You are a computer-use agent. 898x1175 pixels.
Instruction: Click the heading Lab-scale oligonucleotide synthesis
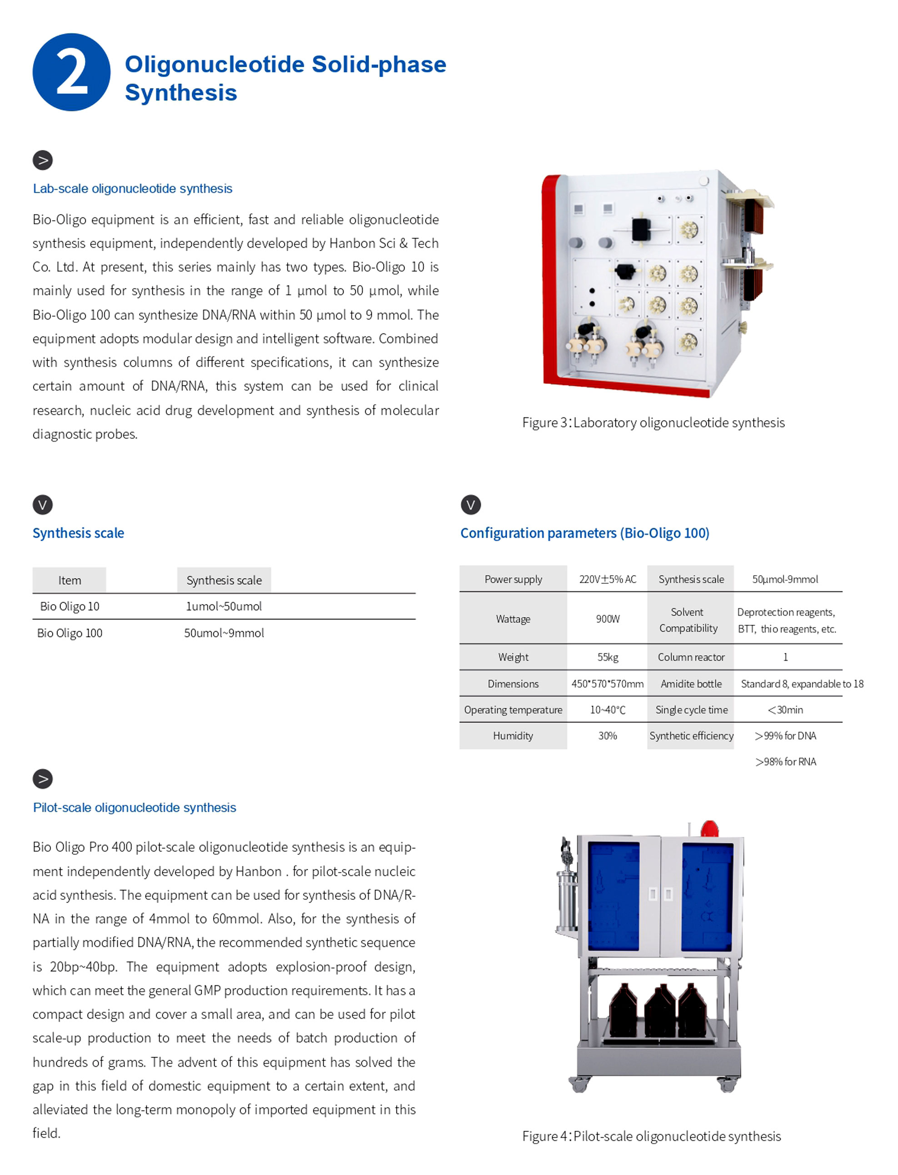[133, 189]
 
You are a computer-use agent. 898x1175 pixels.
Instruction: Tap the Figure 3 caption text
[653, 422]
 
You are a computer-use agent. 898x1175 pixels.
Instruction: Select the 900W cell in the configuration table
[608, 619]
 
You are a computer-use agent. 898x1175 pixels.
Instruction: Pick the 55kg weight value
[608, 657]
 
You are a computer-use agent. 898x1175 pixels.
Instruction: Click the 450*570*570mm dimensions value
[607, 684]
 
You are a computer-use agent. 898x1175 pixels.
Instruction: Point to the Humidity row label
[513, 736]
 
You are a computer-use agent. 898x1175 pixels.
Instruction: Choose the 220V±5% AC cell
[608, 579]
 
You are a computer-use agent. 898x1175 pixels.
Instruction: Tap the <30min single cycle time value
[785, 710]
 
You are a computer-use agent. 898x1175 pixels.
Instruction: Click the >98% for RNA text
[785, 762]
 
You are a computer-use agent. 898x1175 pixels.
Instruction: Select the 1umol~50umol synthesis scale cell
[224, 607]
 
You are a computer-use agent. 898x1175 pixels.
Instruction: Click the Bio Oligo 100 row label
[70, 633]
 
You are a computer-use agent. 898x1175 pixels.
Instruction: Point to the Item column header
[70, 580]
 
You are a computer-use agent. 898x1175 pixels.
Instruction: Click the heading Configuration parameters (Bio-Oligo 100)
[585, 533]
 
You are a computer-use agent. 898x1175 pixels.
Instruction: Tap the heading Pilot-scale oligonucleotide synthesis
[134, 808]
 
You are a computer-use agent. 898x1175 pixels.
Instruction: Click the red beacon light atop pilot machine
[709, 829]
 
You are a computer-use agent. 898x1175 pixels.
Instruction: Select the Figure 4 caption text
[652, 1136]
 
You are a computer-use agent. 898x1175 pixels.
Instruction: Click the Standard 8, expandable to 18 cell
[802, 684]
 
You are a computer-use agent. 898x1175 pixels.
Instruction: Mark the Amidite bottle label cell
[691, 684]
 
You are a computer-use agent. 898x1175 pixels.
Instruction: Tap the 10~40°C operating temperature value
[607, 710]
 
